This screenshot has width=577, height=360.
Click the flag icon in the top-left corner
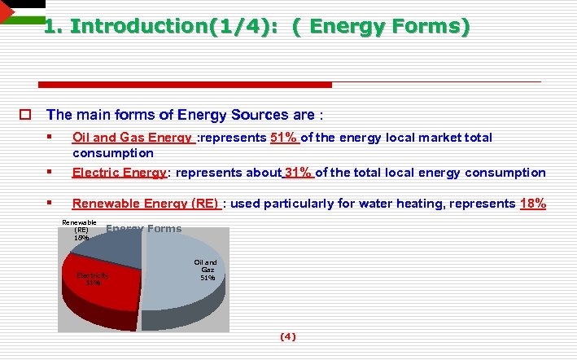pyautogui.click(x=14, y=11)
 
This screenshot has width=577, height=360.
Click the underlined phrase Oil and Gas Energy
pyautogui.click(x=133, y=138)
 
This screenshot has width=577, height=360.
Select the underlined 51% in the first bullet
pyautogui.click(x=285, y=138)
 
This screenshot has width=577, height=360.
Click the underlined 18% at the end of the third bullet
pyautogui.click(x=532, y=204)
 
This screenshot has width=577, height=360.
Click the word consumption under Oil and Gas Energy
pyautogui.click(x=112, y=153)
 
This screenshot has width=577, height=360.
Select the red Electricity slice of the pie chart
pyautogui.click(x=102, y=285)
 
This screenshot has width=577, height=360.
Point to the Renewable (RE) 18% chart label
pyautogui.click(x=81, y=230)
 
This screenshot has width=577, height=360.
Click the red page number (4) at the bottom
pyautogui.click(x=288, y=336)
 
